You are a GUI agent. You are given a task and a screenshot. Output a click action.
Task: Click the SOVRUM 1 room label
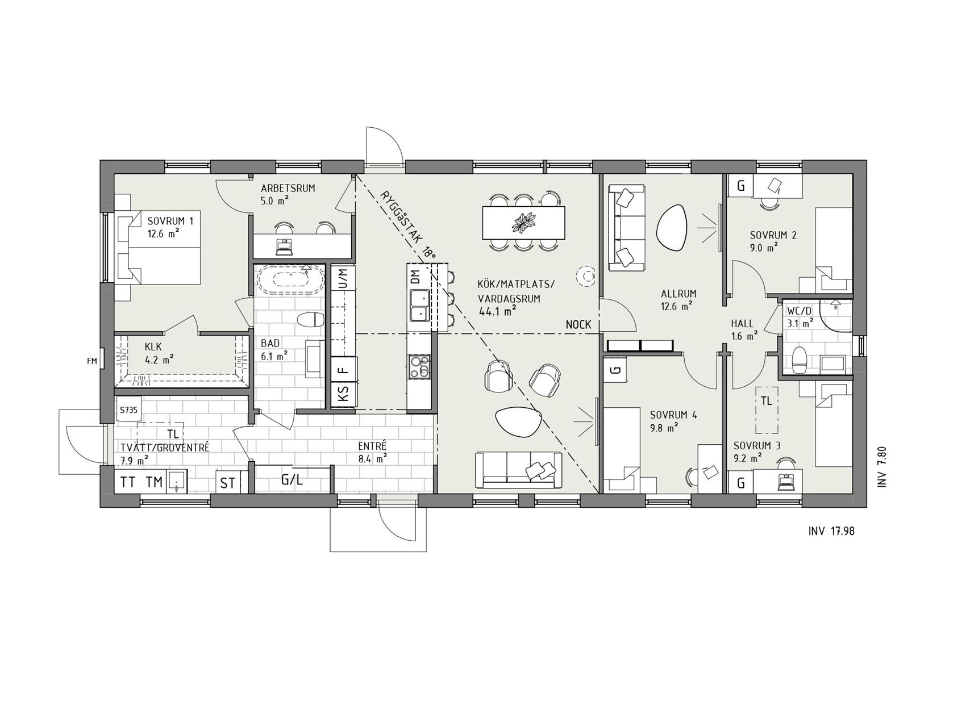(x=170, y=221)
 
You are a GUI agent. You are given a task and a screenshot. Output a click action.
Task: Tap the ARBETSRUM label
(x=288, y=188)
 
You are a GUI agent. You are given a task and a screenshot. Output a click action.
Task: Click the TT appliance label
(x=128, y=482)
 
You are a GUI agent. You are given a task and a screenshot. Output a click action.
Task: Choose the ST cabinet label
(x=228, y=483)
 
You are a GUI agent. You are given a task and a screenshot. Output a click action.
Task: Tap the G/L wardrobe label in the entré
(x=292, y=479)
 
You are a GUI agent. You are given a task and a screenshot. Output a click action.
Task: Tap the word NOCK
(x=578, y=324)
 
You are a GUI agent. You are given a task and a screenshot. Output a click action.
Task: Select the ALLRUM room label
(x=678, y=294)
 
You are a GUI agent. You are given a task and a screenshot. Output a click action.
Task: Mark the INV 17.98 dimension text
(x=831, y=532)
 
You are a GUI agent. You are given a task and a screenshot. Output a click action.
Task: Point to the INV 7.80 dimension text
(x=882, y=467)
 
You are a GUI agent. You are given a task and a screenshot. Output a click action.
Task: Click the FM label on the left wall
(x=91, y=361)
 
